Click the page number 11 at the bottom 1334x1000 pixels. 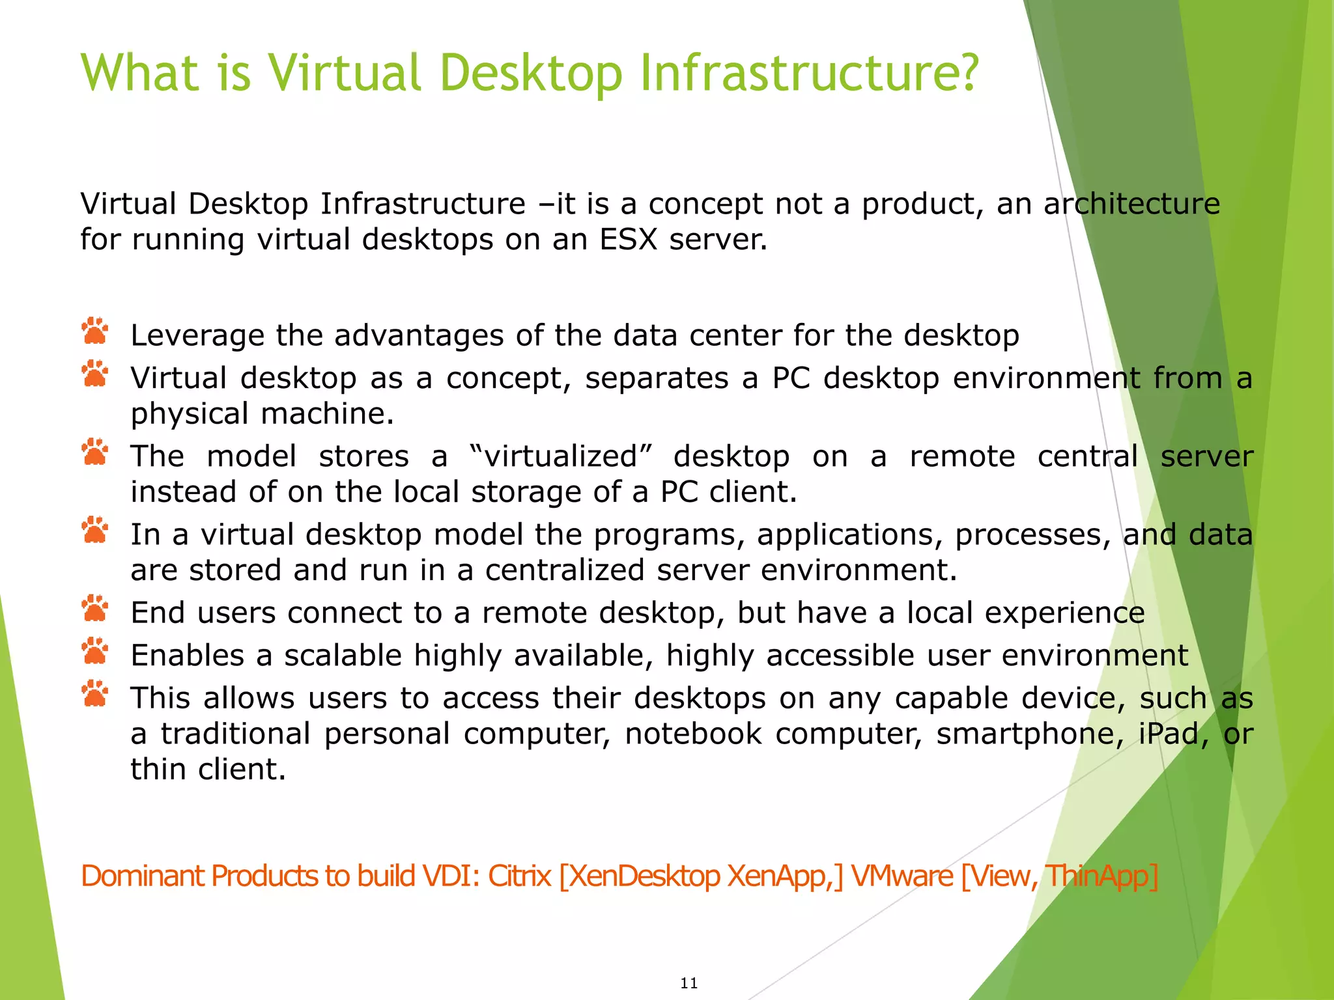[689, 983]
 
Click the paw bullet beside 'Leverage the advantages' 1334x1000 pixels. [95, 331]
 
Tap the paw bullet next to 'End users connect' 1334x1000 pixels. [95, 609]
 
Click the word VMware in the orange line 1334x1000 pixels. [902, 876]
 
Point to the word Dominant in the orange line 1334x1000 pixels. [142, 876]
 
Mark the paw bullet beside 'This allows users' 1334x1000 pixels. [95, 694]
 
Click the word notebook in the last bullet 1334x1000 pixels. [693, 734]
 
